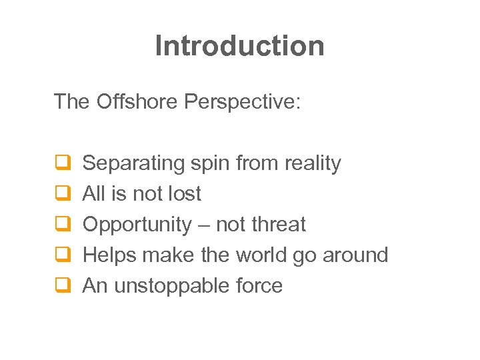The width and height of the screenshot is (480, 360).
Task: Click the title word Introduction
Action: coord(240,46)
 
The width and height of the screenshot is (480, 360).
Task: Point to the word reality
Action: coord(313,163)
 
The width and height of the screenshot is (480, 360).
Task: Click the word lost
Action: coord(183,194)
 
